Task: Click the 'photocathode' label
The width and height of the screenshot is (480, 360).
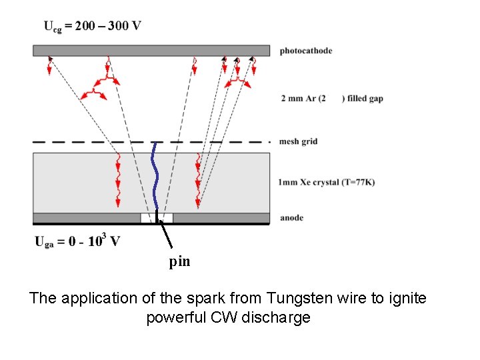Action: point(305,51)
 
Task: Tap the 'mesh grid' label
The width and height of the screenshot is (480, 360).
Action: point(299,141)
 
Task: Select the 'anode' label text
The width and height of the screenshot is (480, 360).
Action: point(291,218)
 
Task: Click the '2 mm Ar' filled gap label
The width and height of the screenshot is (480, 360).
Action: point(332,99)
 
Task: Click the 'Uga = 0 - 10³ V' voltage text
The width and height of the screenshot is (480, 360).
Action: point(77,241)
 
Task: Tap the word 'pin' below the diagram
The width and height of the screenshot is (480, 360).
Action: point(179,262)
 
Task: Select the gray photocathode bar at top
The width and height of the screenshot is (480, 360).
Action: point(151,51)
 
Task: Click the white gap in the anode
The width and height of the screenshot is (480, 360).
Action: point(165,217)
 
